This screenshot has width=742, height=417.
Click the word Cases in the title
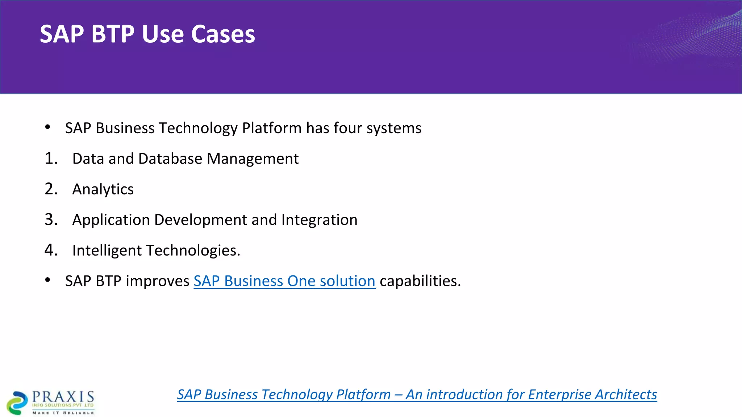tap(223, 34)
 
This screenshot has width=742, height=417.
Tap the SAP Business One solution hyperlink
tap(284, 281)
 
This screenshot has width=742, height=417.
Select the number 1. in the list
tap(51, 159)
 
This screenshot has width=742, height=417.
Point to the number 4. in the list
tap(51, 250)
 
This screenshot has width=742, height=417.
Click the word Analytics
tap(103, 189)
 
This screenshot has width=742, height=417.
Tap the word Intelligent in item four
tap(107, 250)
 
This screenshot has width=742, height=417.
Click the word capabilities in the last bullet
tap(420, 281)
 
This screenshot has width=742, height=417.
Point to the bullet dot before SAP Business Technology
tap(47, 127)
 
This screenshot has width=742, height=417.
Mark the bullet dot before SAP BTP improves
tap(47, 280)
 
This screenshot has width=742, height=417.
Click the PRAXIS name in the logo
tap(63, 397)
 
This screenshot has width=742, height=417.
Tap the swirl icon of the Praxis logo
tap(17, 403)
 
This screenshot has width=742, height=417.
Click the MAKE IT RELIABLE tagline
tap(63, 413)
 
